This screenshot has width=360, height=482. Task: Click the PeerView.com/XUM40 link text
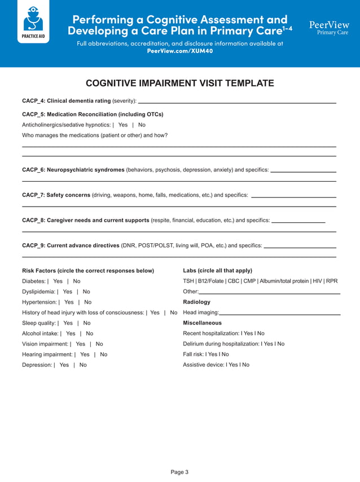click(x=179, y=51)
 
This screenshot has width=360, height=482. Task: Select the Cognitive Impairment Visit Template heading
click(x=179, y=84)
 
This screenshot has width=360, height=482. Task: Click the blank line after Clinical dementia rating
click(x=237, y=102)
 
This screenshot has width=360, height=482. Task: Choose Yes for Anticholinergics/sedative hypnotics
click(x=123, y=125)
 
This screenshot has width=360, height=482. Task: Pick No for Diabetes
click(x=77, y=281)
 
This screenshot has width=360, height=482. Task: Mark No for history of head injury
click(x=173, y=313)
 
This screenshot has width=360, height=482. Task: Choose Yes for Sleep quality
click(x=68, y=323)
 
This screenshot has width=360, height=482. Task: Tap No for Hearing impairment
click(x=103, y=354)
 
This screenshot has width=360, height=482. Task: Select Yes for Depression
click(x=64, y=365)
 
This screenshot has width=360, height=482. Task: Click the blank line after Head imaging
click(x=280, y=313)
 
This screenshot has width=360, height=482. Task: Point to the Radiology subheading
click(x=196, y=302)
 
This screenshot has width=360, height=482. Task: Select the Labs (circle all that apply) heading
click(x=217, y=270)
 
